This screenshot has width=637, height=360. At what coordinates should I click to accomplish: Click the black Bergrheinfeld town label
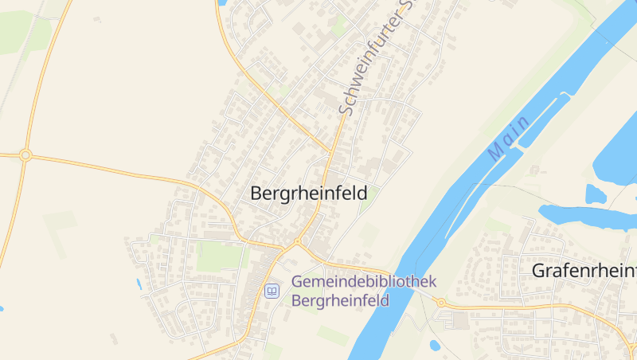[x=308, y=194]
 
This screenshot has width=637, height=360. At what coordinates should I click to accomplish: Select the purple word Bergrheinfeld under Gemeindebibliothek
[x=340, y=300]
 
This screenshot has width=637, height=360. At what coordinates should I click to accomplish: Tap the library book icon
[x=272, y=292]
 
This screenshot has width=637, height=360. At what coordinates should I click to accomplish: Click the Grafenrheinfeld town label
[x=584, y=271]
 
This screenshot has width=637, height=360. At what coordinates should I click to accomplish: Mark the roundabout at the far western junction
[x=25, y=155]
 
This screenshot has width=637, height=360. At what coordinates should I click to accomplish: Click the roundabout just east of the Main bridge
[x=440, y=303]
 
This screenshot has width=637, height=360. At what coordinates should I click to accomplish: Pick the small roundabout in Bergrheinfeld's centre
[x=296, y=241]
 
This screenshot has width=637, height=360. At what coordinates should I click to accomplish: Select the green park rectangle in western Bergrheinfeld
[x=219, y=256]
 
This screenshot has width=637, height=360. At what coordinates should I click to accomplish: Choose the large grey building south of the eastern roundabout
[x=459, y=321]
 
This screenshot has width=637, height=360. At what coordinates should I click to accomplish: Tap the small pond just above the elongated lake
[x=595, y=194]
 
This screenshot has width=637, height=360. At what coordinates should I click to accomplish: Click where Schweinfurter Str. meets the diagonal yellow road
[x=330, y=151]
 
